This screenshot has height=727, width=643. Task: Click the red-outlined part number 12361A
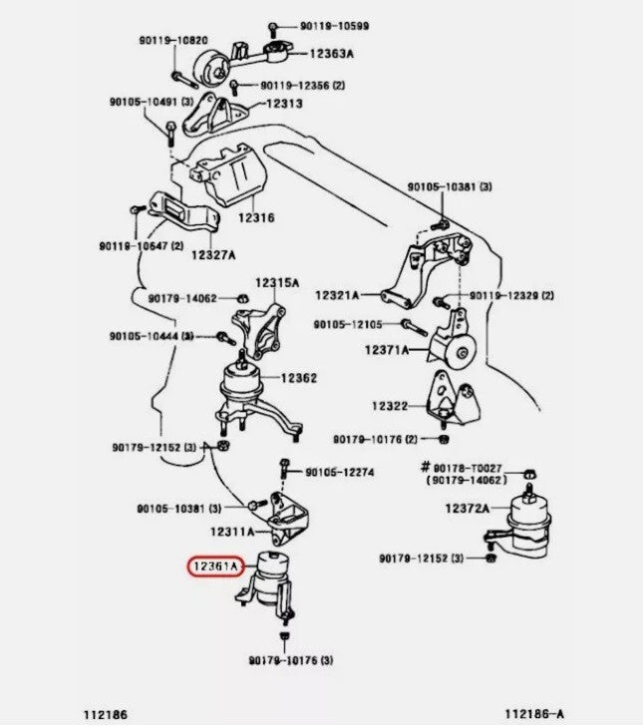tap(215, 566)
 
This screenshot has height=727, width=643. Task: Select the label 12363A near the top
tap(331, 54)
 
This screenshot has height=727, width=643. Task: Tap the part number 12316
tap(256, 217)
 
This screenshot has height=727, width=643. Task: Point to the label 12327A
tap(213, 255)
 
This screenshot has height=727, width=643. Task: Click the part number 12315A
tap(277, 282)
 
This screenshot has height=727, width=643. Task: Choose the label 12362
tap(299, 378)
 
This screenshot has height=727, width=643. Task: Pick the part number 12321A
tap(337, 295)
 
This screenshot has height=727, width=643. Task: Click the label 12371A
tap(387, 350)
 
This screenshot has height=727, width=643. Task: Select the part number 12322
tap(390, 406)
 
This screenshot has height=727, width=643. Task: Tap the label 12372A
tap(468, 509)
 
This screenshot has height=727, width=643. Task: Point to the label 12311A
tap(232, 532)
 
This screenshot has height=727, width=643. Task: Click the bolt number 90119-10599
tap(334, 26)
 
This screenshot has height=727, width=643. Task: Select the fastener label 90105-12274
tap(339, 473)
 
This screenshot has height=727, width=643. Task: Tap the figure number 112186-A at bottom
tap(534, 714)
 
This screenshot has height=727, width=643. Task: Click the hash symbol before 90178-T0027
tap(426, 467)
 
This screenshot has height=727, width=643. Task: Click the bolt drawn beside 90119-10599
tap(272, 29)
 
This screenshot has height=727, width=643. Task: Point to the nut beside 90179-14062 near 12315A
tap(241, 298)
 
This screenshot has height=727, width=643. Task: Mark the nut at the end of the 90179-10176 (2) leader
tap(444, 438)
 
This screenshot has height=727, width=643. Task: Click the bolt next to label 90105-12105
tap(414, 326)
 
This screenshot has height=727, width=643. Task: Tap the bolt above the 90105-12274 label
tap(285, 469)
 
